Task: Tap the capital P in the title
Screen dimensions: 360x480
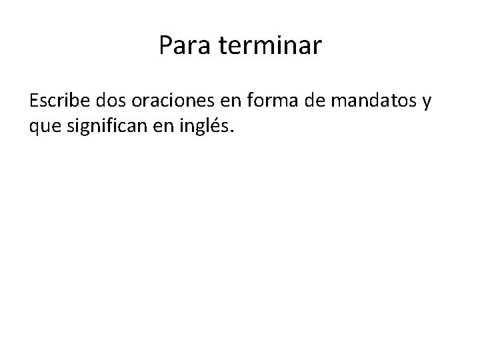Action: (166, 46)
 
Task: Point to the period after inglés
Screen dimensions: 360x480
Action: (233, 131)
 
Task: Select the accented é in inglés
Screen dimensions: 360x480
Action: (218, 125)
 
